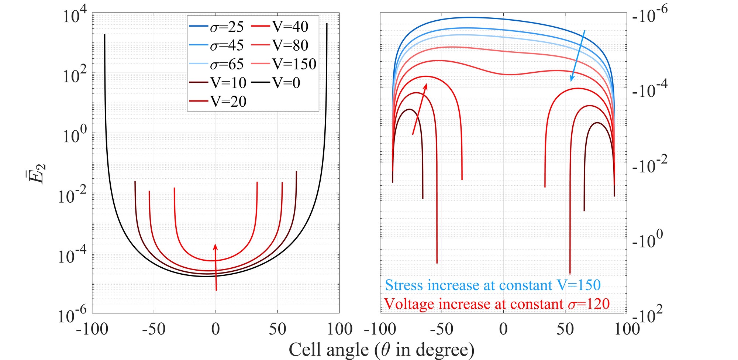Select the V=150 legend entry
click(x=284, y=64)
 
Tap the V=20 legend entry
click(x=218, y=102)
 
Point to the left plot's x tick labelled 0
click(x=215, y=329)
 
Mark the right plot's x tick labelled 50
click(x=565, y=329)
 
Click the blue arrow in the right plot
click(x=578, y=56)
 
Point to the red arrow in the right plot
click(x=420, y=109)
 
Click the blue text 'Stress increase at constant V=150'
click(x=493, y=285)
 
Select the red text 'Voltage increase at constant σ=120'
click(x=497, y=304)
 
